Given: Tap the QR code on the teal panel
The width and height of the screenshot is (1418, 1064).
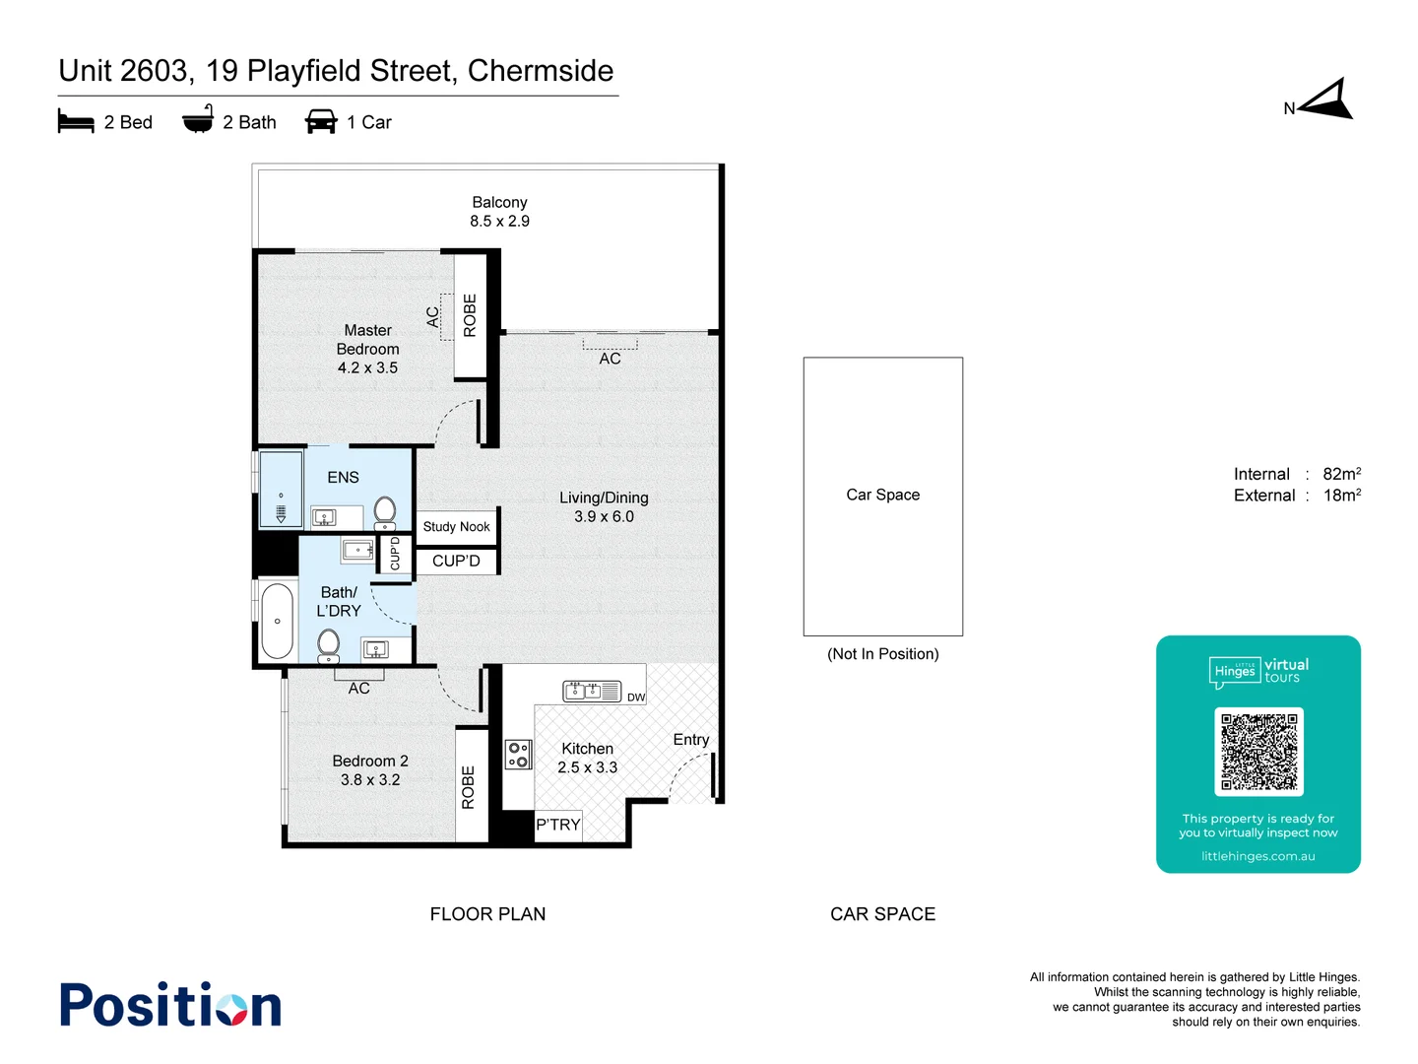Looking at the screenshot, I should coord(1258,752).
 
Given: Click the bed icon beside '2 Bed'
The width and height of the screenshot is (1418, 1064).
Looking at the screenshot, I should coord(76,122).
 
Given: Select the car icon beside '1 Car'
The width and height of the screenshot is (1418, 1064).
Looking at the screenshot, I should coord(321,122).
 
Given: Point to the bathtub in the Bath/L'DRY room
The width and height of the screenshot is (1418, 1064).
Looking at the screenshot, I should coord(278,622).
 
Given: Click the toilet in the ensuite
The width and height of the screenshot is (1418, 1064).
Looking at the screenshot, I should coord(385,511).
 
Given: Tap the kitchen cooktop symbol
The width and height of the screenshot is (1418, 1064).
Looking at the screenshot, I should coord(518,755).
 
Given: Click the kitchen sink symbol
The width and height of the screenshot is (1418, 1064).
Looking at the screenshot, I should coord(591,692).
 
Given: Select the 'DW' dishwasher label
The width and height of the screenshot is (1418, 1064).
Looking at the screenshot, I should coord(636,698).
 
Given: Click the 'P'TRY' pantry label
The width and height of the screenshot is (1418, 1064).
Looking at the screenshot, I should coord(558,825).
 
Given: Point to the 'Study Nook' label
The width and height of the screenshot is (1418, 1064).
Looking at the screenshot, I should coord(456,527).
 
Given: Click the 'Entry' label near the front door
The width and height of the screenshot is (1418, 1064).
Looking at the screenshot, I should coord(691,740).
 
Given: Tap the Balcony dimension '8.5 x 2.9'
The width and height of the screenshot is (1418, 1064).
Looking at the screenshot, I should coord(499,222).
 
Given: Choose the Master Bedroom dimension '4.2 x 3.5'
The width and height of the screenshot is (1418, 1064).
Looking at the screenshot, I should coord(367,368).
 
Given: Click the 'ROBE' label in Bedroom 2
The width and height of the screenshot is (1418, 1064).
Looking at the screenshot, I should coord(469,786).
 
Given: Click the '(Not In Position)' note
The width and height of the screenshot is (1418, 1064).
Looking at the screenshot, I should coord(882,654).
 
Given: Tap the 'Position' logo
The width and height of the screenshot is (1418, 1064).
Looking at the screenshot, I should coord(170,1005).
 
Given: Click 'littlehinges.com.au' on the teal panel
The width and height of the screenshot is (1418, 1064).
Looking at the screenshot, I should coord(1257,856).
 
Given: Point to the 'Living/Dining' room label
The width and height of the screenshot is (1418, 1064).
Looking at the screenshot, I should coord(604,498).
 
